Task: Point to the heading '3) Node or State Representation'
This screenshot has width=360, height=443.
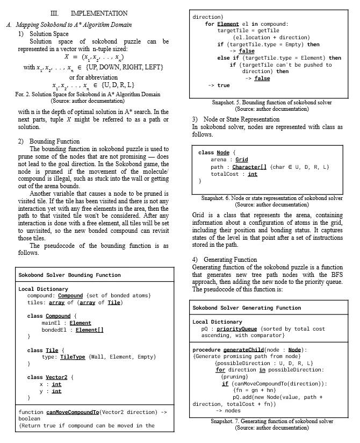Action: click(235, 119)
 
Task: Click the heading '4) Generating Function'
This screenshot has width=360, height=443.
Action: click(225, 260)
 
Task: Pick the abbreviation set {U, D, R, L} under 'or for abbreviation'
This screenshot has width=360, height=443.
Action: click(114, 85)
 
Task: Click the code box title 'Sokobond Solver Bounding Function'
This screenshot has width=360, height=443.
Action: click(69, 275)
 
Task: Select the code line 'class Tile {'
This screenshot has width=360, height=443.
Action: click(46, 350)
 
